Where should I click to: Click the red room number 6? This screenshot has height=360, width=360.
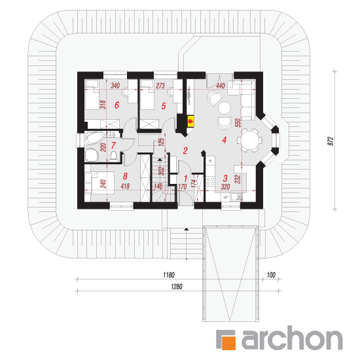pos(117,105)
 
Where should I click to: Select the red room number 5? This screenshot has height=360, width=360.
pos(164,106)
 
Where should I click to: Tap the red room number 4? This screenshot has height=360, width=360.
pos(225,140)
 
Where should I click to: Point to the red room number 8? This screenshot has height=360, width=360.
pos(125,176)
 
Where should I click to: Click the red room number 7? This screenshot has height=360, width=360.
pos(113,145)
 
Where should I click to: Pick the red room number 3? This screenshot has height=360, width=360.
pos(225,178)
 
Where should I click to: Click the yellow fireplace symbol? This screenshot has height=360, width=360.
pos(190,121)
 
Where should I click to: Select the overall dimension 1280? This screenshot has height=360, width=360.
pos(177,287)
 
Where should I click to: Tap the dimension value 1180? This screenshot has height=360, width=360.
pos(169,275)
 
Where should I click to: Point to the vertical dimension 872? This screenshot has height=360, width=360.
pos(330,141)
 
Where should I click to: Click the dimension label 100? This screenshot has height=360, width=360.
pos(271,275)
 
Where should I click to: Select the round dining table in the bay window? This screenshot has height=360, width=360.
pos(250,140)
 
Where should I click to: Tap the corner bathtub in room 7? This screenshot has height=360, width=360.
pos(95,138)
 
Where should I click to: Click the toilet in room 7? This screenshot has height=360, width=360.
pos(113,156)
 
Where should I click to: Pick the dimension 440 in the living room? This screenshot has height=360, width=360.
pos(221,86)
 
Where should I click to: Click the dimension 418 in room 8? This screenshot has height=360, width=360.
pos(125,186)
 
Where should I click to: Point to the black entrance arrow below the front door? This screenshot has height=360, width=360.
pos(187,229)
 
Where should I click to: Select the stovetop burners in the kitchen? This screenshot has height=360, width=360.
pos(210,181)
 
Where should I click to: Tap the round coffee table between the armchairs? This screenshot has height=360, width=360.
pos(225,108)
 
